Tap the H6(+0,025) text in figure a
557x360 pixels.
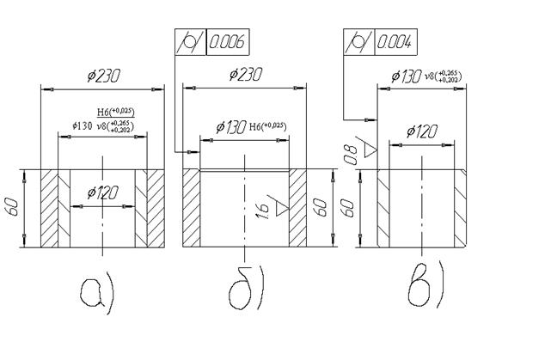pos(115,112)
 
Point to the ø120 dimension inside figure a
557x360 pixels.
pos(103,192)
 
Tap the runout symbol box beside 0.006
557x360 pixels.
pos(190,42)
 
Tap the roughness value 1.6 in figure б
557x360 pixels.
pos(260,210)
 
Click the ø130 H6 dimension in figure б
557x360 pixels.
pos(243,127)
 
